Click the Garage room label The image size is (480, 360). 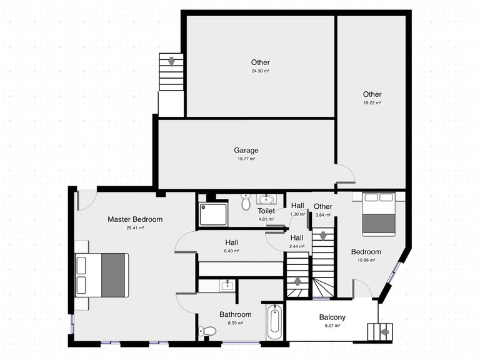pyautogui.click(x=246, y=150)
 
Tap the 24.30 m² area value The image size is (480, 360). pyautogui.click(x=261, y=71)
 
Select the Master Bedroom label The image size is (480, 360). pyautogui.click(x=135, y=219)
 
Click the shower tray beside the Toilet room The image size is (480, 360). pyautogui.click(x=214, y=214)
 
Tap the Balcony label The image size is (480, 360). pyautogui.click(x=332, y=317)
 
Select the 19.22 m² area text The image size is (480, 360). pyautogui.click(x=372, y=103)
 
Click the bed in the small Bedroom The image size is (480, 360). pyautogui.click(x=379, y=214)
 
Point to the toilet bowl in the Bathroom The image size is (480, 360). pyautogui.click(x=208, y=331)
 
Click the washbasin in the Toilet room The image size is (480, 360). pyautogui.click(x=266, y=200)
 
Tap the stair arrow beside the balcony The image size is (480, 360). pyautogui.click(x=383, y=331)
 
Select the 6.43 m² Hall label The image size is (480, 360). pyautogui.click(x=232, y=242)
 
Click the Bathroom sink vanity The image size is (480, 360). pyautogui.click(x=226, y=286)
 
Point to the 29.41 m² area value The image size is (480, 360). pyautogui.click(x=135, y=228)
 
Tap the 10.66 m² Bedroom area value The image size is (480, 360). pyautogui.click(x=366, y=260)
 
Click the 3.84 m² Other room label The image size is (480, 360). pyautogui.click(x=323, y=207)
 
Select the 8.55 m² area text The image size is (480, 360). pyautogui.click(x=236, y=323)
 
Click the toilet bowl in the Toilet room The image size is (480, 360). pyautogui.click(x=246, y=203)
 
